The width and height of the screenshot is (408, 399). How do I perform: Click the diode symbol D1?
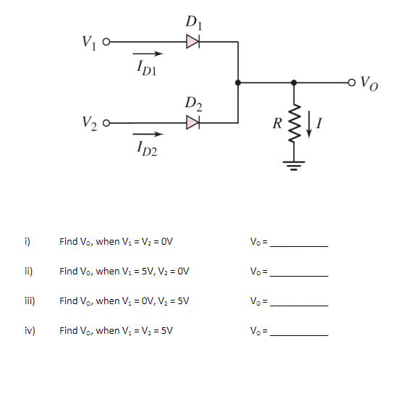[x=192, y=42]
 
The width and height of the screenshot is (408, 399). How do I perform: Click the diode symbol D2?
[x=192, y=124]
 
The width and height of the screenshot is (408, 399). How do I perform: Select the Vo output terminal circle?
[x=353, y=83]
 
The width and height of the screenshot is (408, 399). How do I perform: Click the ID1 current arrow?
[x=148, y=53]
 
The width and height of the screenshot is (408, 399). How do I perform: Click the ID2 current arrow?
[x=148, y=135]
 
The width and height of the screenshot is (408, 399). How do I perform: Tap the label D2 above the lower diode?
[x=192, y=104]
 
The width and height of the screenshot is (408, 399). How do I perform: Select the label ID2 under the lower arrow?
[x=148, y=150]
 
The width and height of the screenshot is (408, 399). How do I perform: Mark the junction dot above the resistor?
[x=294, y=83]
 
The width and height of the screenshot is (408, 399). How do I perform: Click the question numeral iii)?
[x=27, y=301]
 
